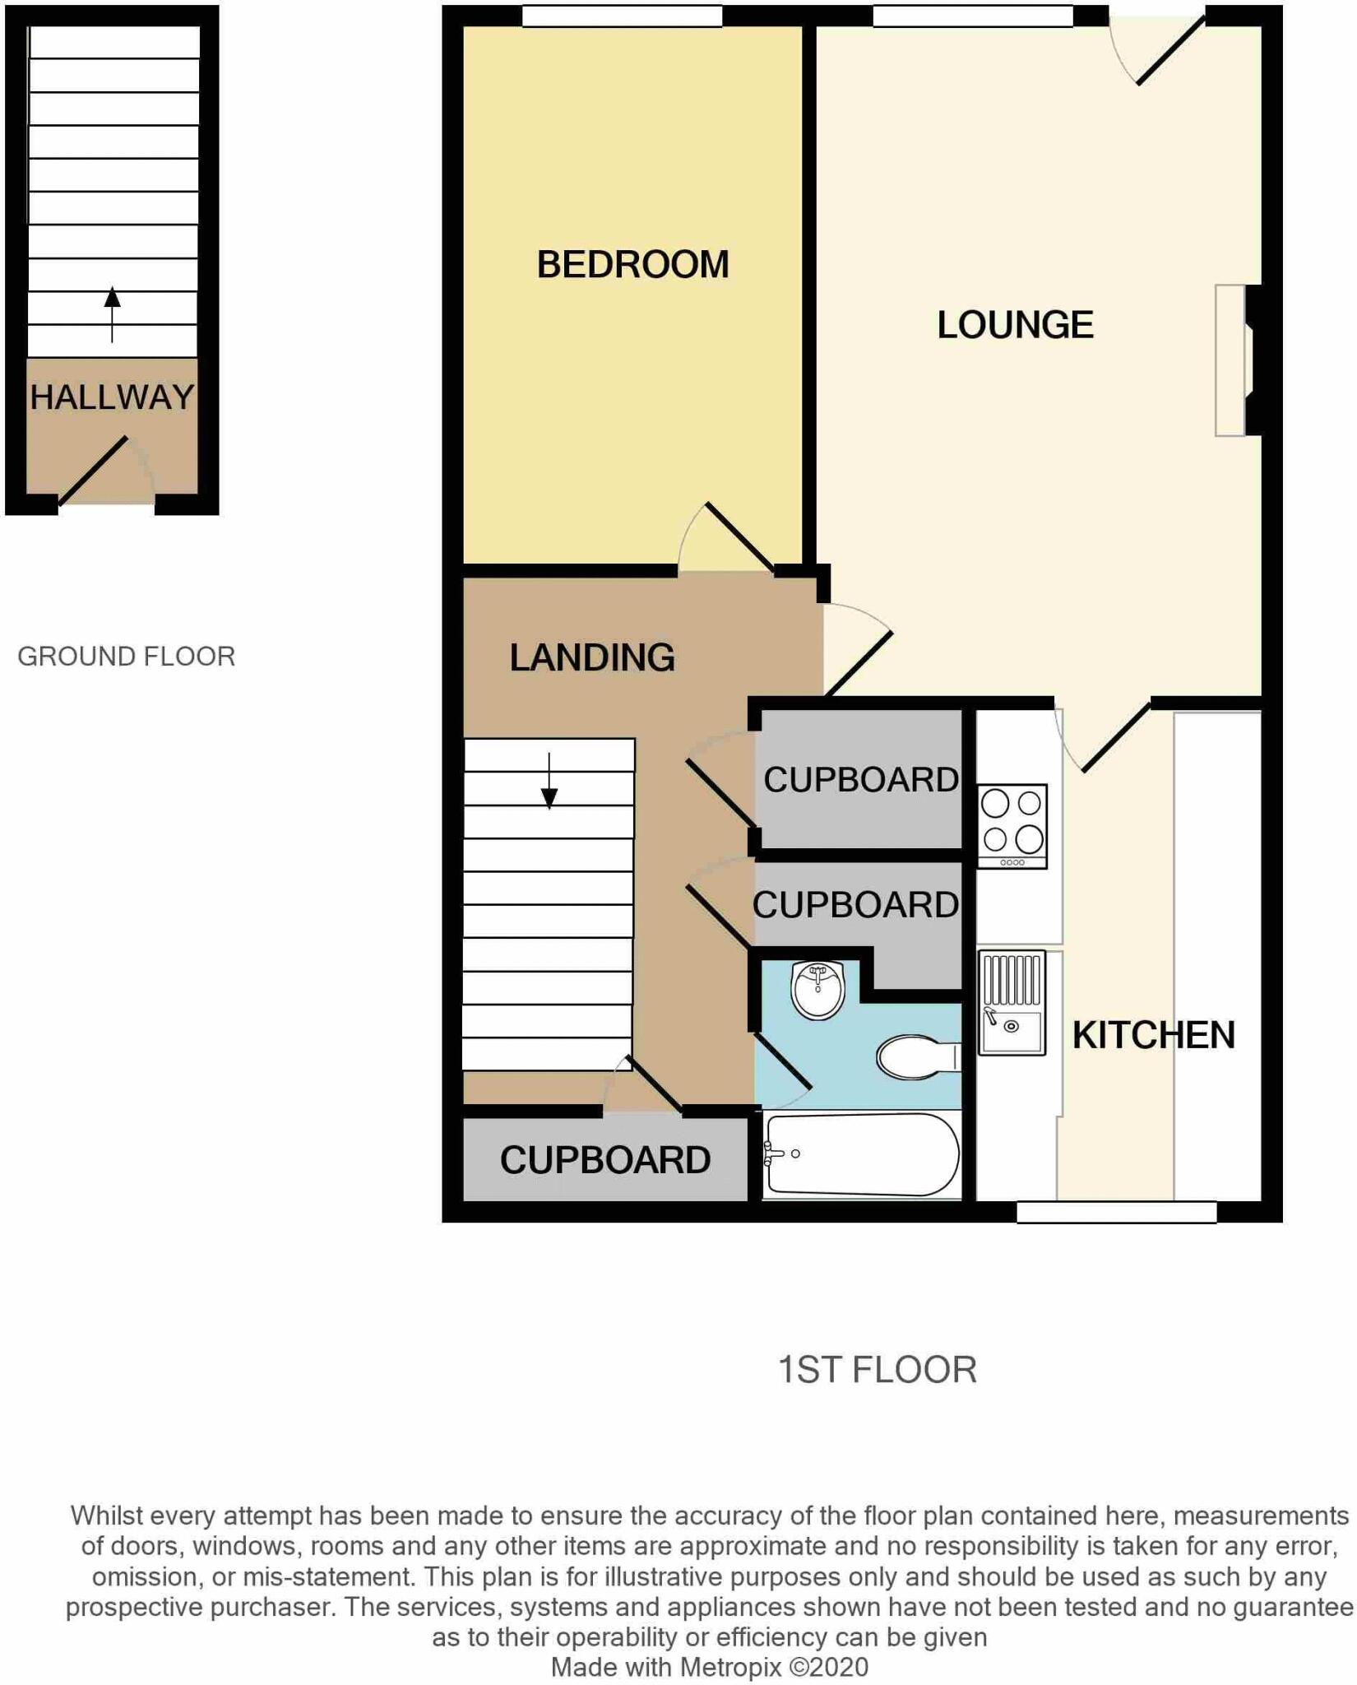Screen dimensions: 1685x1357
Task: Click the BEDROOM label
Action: [x=632, y=265]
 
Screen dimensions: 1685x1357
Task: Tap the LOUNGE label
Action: [x=1015, y=325]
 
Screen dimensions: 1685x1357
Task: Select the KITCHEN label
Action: [x=1153, y=1035]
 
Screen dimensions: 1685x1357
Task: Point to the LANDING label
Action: [x=592, y=657]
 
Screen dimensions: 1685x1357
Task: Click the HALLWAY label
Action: [x=112, y=397]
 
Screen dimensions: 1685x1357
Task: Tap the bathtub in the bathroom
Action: [x=861, y=1154]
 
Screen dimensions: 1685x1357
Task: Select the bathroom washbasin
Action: [x=817, y=990]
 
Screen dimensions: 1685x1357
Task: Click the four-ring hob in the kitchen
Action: [x=1012, y=824]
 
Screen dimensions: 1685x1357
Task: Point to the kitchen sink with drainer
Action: [x=1012, y=1003]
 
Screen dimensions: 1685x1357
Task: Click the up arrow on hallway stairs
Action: [x=112, y=313]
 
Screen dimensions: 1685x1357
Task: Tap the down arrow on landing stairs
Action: [x=549, y=782]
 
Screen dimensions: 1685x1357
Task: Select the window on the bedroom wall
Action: [x=622, y=15]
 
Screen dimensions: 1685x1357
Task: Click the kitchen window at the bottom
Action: [x=1116, y=1212]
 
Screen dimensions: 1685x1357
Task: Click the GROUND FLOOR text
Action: [x=127, y=657]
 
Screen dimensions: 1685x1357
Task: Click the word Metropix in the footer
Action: [x=730, y=1667]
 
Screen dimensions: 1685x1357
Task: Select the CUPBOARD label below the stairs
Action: [x=605, y=1160]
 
